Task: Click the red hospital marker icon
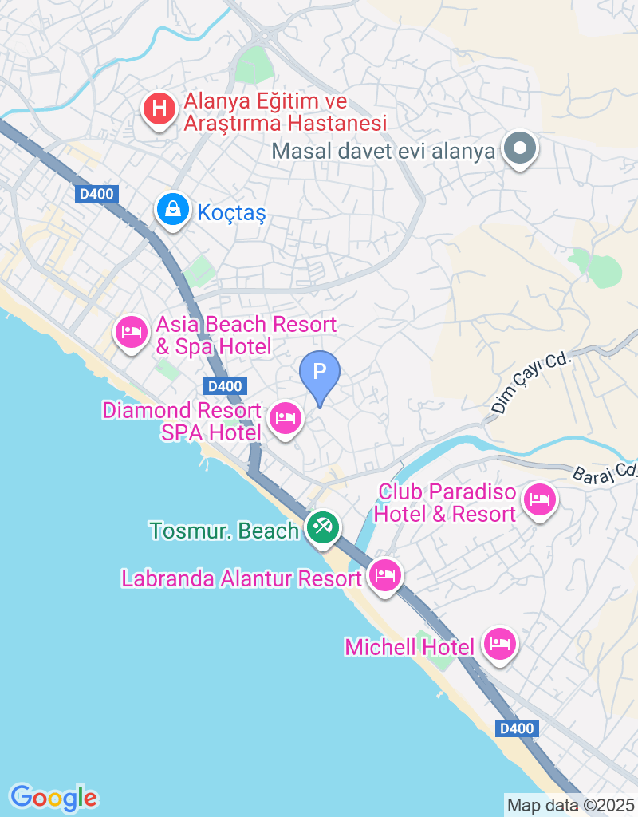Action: coord(159,109)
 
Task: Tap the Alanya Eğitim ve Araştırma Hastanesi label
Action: coord(285,112)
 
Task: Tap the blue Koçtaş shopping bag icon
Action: coord(171,211)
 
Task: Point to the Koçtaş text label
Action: coord(230,213)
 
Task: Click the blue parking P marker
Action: coord(320,373)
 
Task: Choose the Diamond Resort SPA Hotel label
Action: coord(182,421)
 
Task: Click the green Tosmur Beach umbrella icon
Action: coord(323,527)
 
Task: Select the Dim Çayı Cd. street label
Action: coord(532,384)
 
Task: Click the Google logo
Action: coord(53,796)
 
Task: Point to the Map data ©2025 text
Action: coord(571,805)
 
